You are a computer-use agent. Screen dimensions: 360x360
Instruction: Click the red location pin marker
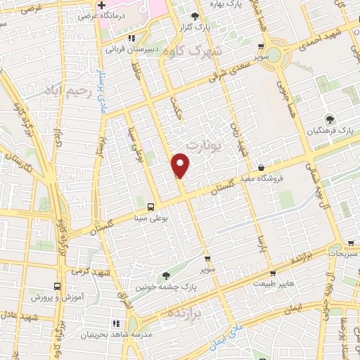click(x=181, y=166)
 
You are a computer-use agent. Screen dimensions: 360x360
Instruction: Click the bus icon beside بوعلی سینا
click(x=151, y=206)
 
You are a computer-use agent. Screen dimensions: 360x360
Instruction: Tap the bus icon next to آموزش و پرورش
click(x=58, y=287)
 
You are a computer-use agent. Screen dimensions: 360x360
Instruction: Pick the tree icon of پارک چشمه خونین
click(x=166, y=276)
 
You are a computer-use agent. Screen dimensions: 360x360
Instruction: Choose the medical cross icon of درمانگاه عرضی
click(x=101, y=6)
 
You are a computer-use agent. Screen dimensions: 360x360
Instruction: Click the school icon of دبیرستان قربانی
click(x=130, y=39)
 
